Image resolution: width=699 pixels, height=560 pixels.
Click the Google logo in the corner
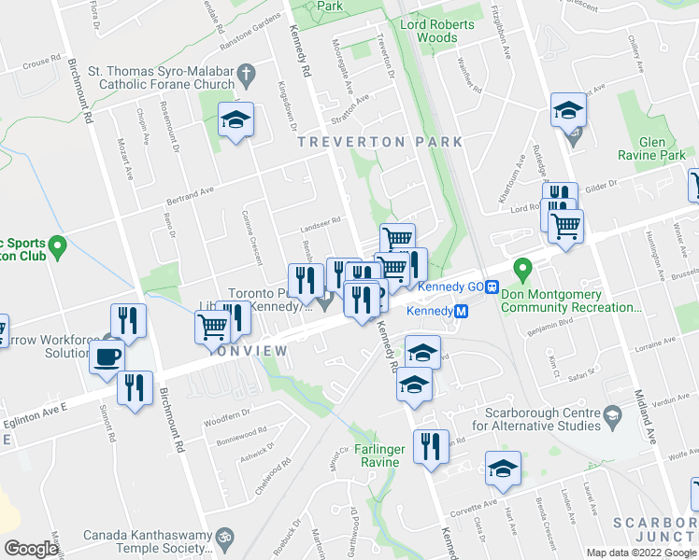[x=31, y=549]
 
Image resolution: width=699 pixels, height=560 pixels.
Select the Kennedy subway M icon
[x=460, y=312]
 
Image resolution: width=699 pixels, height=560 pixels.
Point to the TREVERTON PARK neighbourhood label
[x=379, y=142]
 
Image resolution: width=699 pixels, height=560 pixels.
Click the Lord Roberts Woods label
[x=429, y=31]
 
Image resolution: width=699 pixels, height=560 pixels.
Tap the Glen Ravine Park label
[x=651, y=147]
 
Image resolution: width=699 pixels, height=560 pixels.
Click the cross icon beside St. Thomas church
[x=247, y=74]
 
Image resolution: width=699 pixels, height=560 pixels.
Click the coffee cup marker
[x=108, y=356]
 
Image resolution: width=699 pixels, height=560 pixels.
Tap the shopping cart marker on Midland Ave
[x=565, y=225]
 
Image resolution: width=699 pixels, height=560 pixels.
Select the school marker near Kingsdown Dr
[x=236, y=119]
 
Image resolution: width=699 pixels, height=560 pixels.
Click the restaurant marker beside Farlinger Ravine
[x=431, y=445]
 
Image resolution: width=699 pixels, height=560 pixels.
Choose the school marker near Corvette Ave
[x=503, y=469]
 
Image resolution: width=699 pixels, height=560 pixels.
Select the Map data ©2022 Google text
[x=640, y=553]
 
